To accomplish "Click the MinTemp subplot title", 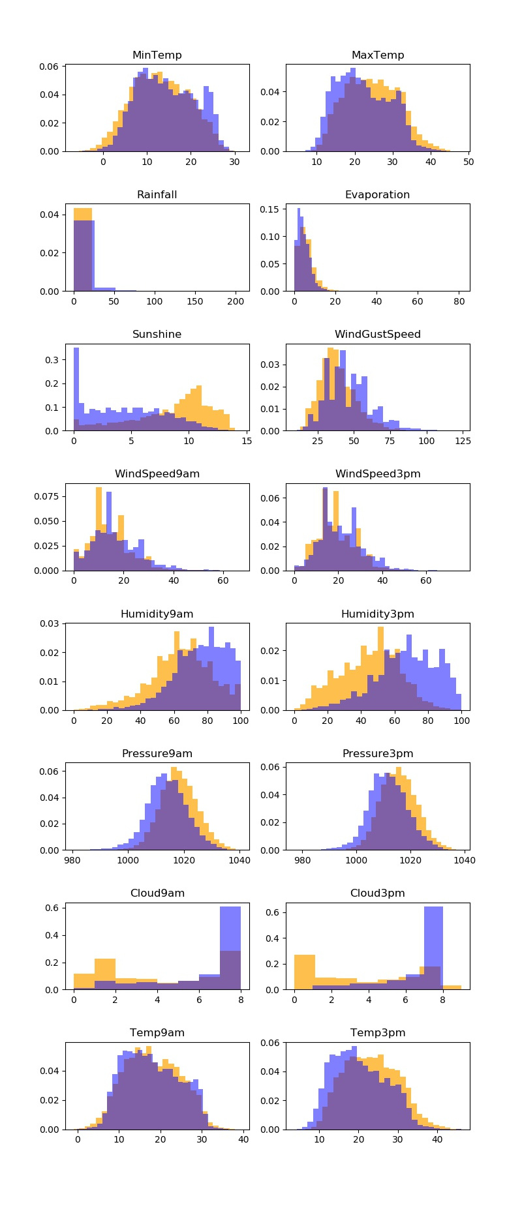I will coord(157,55).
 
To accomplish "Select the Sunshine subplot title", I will coord(157,335).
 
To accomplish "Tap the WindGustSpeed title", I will coord(377,335).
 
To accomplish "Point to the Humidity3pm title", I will coord(377,614).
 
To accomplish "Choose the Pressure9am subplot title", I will coord(157,754).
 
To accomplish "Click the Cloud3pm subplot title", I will coord(377,893).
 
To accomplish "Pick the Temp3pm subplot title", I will coord(377,1033).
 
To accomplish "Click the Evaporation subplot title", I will coord(377,195).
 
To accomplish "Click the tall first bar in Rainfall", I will coord(83,254).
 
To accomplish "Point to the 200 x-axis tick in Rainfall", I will coord(236,301).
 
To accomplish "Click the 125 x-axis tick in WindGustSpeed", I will coord(463,441).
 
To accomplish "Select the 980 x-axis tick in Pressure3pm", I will coord(302,860).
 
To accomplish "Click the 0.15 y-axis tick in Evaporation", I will coord(270,209).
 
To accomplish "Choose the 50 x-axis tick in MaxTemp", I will coord(468,162).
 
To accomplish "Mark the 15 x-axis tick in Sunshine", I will coord(247,441).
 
